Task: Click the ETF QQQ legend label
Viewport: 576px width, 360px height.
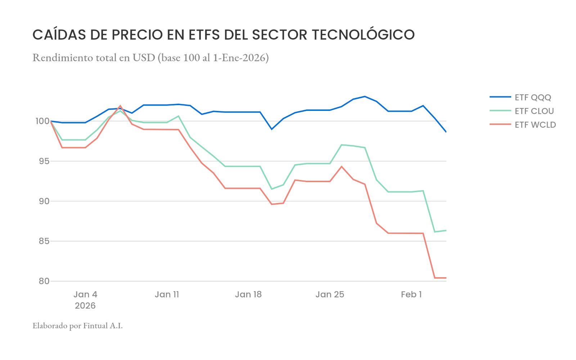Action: tap(533, 98)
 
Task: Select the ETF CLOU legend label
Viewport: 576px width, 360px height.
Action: tap(534, 111)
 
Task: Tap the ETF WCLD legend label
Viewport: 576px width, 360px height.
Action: tap(535, 125)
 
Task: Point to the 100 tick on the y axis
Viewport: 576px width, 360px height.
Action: tap(42, 121)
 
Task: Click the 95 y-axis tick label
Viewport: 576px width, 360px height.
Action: tap(44, 161)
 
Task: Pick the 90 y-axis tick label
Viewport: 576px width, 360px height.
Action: tap(44, 201)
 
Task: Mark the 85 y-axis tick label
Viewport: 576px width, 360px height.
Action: tap(44, 241)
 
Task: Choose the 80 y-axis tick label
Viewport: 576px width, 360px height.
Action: tap(44, 281)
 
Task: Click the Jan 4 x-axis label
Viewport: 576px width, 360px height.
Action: tap(85, 294)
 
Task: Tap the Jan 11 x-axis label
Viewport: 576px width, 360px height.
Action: tap(167, 294)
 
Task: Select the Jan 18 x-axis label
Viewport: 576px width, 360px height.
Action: tap(248, 294)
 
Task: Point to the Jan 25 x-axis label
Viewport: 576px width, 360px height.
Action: tap(330, 294)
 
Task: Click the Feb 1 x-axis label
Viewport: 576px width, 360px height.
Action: tap(411, 294)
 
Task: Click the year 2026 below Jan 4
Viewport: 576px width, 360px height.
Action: tap(85, 306)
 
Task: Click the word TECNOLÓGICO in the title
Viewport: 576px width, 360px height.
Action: tap(363, 35)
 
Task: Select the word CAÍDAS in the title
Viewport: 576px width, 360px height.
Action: tap(59, 35)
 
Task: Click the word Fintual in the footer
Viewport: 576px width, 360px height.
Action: tap(95, 326)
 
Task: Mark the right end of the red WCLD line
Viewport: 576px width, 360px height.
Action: tap(446, 278)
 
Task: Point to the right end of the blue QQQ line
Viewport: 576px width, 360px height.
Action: tap(446, 132)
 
